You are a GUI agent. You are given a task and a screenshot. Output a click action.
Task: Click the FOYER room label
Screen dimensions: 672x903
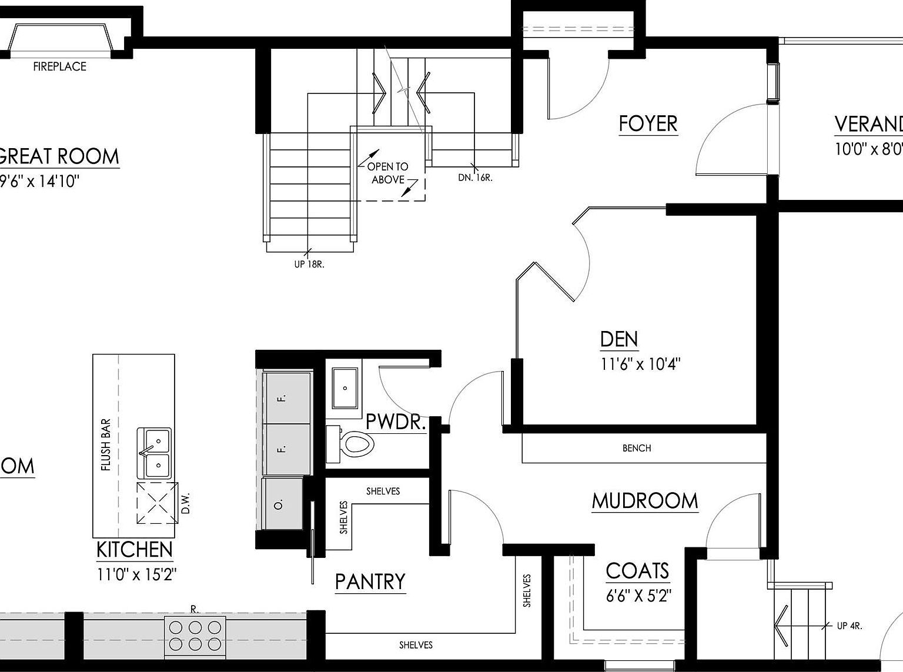click(648, 124)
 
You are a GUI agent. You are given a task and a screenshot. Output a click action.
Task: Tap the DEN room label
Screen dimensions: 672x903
click(618, 339)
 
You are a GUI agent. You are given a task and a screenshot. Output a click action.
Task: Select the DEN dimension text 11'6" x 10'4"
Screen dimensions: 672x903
click(640, 364)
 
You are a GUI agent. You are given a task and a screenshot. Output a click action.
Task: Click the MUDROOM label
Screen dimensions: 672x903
click(645, 501)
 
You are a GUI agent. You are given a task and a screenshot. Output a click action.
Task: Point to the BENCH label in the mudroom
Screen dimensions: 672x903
click(637, 448)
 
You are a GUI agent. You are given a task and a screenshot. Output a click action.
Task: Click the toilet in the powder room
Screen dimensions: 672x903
click(355, 444)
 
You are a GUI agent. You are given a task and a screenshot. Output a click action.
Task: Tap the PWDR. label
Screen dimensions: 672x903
click(395, 422)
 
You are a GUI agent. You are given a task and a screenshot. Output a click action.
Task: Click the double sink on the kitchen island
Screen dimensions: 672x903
click(155, 453)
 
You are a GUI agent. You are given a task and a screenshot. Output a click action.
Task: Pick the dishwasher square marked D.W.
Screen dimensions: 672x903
click(157, 503)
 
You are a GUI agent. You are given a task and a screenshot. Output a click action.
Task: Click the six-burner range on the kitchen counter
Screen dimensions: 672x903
click(195, 636)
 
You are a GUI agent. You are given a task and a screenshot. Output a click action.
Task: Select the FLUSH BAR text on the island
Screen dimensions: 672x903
click(106, 444)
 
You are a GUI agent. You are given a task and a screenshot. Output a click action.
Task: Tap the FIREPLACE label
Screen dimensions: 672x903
click(59, 66)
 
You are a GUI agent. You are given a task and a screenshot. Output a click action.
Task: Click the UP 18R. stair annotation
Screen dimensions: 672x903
click(309, 265)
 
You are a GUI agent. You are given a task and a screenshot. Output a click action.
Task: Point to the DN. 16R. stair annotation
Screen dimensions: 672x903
click(475, 177)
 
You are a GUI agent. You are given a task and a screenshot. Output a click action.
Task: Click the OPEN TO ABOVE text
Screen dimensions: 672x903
click(387, 173)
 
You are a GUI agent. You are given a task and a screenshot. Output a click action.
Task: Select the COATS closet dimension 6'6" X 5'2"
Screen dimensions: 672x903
click(638, 596)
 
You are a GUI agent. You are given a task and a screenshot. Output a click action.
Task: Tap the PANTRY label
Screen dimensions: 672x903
click(370, 581)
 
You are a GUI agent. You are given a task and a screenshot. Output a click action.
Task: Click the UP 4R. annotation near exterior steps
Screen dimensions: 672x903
click(849, 626)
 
